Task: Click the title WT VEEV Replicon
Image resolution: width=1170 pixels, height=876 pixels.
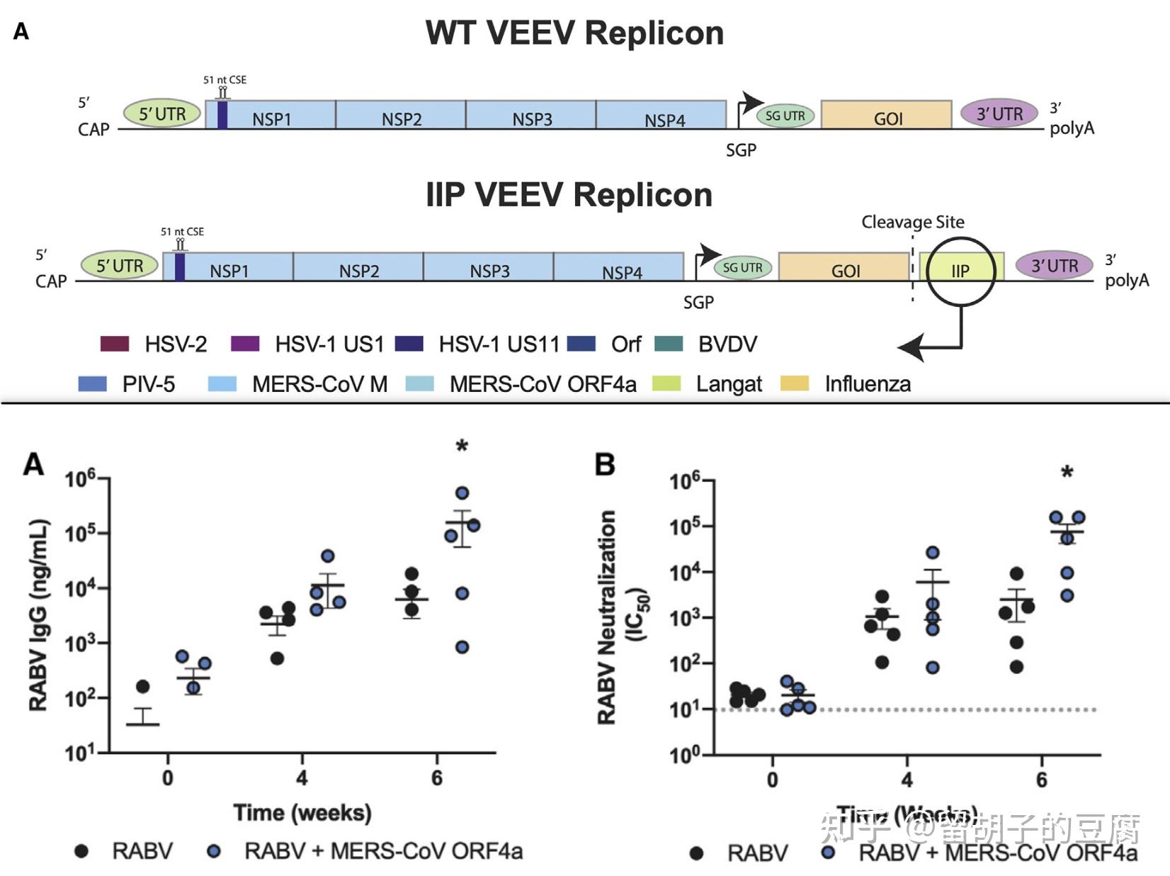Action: [574, 33]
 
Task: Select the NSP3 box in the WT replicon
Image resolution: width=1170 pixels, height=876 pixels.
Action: [531, 116]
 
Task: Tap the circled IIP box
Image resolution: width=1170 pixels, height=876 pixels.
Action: [961, 270]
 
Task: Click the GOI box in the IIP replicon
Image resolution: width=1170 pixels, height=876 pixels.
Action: [844, 268]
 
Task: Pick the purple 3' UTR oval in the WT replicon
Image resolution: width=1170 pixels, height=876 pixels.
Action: [999, 113]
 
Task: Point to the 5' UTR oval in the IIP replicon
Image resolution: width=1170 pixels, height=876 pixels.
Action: [120, 266]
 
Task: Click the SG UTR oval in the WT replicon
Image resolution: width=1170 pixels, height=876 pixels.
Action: [785, 116]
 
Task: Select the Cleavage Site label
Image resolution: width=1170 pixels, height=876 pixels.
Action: [912, 222]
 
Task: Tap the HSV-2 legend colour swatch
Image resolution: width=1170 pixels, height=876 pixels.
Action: [115, 344]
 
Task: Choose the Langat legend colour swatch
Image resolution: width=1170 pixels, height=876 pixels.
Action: [666, 384]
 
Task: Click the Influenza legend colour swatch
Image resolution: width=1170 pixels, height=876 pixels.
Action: [795, 384]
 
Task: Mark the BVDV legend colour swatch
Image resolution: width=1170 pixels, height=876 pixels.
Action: [669, 344]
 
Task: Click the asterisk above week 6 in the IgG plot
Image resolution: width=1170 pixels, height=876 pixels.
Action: [462, 447]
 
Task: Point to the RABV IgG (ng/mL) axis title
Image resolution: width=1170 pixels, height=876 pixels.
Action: [39, 614]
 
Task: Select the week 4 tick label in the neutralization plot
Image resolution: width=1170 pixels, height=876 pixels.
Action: [907, 780]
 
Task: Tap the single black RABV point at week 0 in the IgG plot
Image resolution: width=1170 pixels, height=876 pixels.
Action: [143, 686]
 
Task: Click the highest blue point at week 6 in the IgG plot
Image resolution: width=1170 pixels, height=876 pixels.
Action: [462, 493]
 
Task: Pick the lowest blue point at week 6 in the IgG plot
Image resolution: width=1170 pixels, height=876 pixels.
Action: [462, 647]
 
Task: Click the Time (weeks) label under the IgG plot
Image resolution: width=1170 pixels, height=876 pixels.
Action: [302, 812]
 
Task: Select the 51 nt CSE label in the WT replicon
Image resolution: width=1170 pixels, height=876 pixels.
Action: [225, 80]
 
